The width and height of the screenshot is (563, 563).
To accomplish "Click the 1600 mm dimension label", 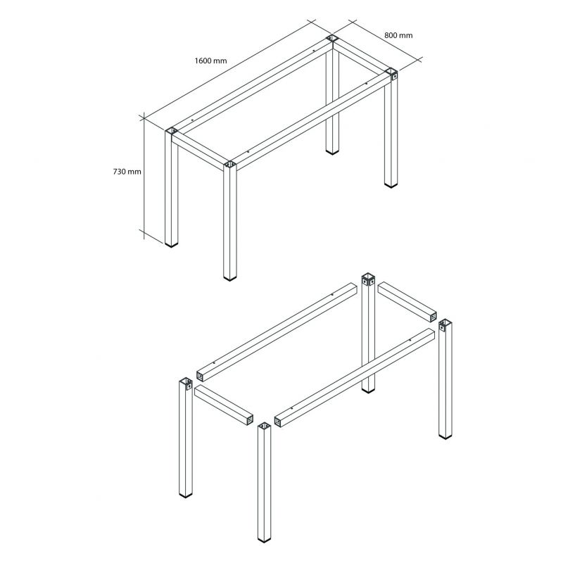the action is pyautogui.click(x=210, y=61).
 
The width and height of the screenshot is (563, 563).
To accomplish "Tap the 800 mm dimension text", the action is pyautogui.click(x=398, y=35).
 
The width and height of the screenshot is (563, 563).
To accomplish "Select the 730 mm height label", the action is pyautogui.click(x=127, y=172).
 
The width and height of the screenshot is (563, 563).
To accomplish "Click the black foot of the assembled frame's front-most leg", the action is pyautogui.click(x=230, y=277).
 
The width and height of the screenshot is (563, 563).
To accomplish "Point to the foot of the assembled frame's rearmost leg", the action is pyautogui.click(x=332, y=152).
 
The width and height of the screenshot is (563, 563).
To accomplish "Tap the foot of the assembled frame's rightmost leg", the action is pyautogui.click(x=391, y=185).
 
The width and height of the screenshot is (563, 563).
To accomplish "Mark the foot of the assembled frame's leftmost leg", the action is pyautogui.click(x=172, y=245).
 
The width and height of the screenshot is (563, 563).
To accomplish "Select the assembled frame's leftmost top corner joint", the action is pyautogui.click(x=172, y=132).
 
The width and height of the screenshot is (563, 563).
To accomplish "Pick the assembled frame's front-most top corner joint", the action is pyautogui.click(x=230, y=165).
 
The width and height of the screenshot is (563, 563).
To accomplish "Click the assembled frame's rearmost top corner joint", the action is pyautogui.click(x=332, y=39).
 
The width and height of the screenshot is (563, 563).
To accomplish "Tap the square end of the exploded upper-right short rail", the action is pyautogui.click(x=433, y=317).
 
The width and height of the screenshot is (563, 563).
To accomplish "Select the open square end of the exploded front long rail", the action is pyautogui.click(x=278, y=422).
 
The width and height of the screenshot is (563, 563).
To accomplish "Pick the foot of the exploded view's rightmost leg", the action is pyautogui.click(x=445, y=436).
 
